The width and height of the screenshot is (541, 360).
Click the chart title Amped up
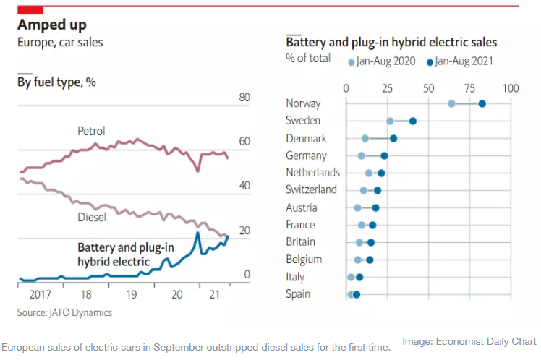coord(52,25)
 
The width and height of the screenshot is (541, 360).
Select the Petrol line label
coord(92,132)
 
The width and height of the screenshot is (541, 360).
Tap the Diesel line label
coord(92,217)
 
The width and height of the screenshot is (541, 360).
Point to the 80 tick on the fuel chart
coord(244,98)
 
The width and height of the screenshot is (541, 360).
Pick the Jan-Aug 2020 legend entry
coord(382,61)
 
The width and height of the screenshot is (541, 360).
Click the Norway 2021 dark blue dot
coord(482,103)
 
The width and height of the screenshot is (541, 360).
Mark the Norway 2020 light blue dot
coord(451,103)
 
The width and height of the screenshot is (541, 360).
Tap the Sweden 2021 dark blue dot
coord(413,121)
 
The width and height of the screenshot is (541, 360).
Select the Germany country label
coord(306,155)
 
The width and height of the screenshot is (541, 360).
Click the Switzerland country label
coord(311,190)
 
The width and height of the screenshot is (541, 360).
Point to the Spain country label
coord(298,294)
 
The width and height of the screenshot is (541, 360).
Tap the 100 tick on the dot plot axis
coord(511,87)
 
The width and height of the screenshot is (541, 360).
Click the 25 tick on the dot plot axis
coord(388,87)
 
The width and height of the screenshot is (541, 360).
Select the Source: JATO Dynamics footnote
coord(65,313)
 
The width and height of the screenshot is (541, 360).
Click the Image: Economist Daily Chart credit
coord(469,341)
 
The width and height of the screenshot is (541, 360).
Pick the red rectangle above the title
coord(30,9)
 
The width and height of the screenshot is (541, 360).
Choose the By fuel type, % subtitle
coord(56,82)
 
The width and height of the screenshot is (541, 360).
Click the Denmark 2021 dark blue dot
coord(393,138)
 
